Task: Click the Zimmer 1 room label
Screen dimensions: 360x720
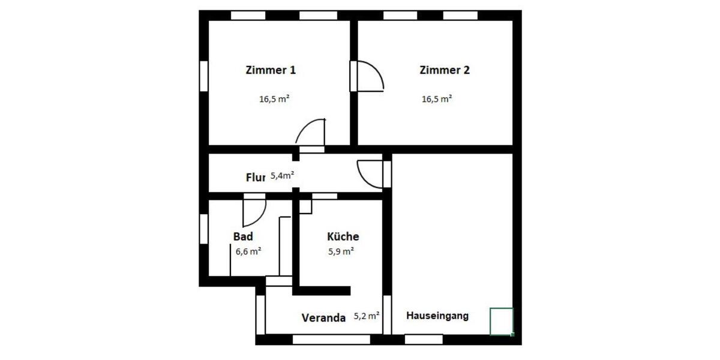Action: (x=271, y=70)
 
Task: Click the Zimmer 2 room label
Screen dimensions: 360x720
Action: (x=444, y=70)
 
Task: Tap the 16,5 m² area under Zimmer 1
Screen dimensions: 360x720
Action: (x=274, y=100)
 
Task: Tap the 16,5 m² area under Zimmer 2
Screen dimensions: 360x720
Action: (x=437, y=100)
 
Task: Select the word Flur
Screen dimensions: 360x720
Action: (x=256, y=178)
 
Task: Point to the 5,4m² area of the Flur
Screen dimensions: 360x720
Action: (x=282, y=176)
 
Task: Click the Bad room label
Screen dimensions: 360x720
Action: (x=243, y=236)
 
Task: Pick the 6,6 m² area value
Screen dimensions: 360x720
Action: (x=248, y=252)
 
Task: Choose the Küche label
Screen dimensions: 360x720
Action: (x=343, y=236)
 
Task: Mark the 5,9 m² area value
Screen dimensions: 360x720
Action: (x=340, y=252)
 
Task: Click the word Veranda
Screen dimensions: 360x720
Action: (x=323, y=318)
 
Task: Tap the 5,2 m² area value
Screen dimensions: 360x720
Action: (x=367, y=315)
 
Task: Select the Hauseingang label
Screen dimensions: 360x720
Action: (x=437, y=316)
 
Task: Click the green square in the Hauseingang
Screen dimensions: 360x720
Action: (x=502, y=321)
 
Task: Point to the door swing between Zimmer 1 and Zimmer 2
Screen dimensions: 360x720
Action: (x=369, y=76)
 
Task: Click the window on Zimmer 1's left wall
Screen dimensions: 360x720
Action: (x=204, y=76)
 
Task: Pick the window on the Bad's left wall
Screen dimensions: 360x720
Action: (x=204, y=229)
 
